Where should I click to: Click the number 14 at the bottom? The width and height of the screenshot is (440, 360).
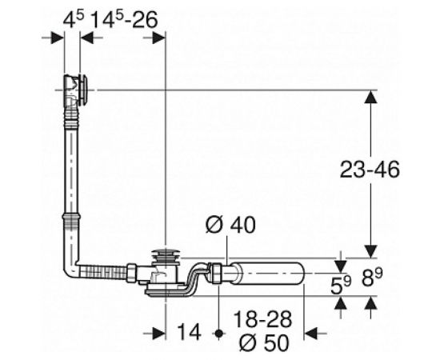[189, 329]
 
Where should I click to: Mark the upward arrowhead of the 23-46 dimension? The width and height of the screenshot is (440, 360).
[370, 97]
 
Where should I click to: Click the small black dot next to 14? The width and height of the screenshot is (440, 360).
[218, 329]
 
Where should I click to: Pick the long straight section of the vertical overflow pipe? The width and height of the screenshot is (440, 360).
[72, 168]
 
